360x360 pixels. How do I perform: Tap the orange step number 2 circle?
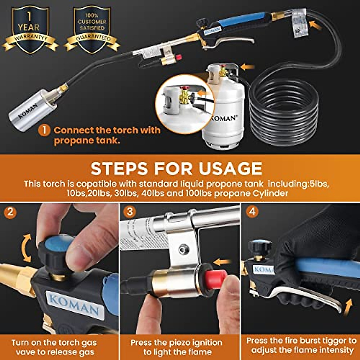[x=10, y=212]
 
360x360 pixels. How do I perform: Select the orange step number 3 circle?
[x=130, y=212]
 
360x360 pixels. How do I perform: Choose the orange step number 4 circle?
[x=252, y=212]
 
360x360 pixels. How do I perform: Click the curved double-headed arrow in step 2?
[x=26, y=249]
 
